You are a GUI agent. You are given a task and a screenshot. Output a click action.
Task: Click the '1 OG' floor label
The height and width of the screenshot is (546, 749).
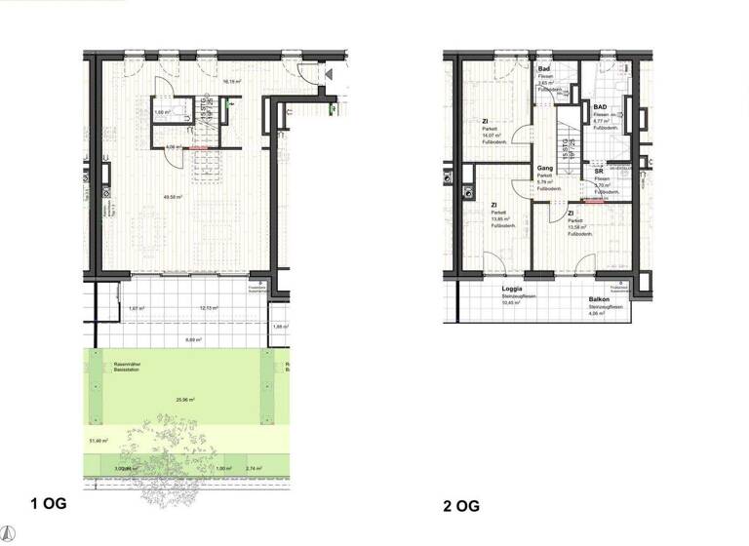click(x=48, y=505)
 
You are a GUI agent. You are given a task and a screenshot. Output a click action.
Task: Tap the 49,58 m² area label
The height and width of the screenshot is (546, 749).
click(x=175, y=196)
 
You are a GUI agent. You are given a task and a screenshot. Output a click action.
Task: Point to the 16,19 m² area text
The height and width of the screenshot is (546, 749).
click(x=232, y=82)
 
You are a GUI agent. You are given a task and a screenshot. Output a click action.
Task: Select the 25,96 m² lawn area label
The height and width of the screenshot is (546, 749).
click(x=183, y=400)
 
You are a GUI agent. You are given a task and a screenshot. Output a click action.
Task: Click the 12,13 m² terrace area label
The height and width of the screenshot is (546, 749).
click(x=207, y=309)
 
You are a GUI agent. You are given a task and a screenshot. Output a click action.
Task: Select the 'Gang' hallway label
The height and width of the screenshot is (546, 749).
click(x=544, y=169)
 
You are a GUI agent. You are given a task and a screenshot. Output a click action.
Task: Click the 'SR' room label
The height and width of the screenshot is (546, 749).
click(x=599, y=172)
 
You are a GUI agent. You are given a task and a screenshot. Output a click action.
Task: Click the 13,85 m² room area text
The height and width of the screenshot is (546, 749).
click(x=499, y=219)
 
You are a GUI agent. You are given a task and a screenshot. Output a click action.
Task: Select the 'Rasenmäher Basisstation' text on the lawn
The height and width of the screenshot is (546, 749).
click(x=129, y=368)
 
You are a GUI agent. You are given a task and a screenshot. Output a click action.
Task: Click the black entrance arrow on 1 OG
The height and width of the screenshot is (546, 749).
click(x=329, y=74)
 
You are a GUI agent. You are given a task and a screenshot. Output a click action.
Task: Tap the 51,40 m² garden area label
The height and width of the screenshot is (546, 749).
click(x=98, y=442)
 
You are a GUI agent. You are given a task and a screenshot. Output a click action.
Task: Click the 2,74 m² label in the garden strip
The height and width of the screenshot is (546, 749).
click(x=256, y=469)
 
